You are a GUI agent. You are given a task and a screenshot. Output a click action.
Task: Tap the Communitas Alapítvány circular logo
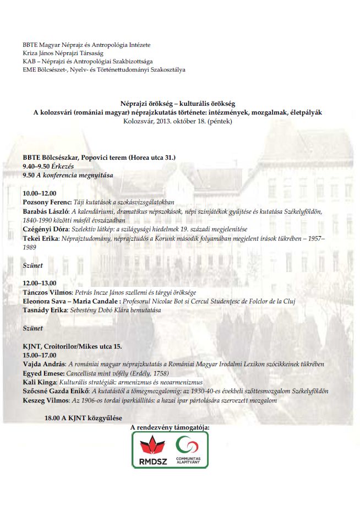click(188, 443)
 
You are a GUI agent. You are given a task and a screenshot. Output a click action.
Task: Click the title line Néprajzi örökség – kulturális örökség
click(178, 103)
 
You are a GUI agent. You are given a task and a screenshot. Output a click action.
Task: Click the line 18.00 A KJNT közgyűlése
click(83, 418)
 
